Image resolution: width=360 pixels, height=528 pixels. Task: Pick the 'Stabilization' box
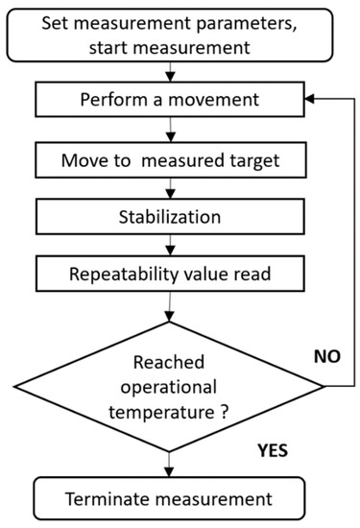(x=169, y=216)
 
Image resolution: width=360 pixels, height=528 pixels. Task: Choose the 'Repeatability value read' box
(x=169, y=274)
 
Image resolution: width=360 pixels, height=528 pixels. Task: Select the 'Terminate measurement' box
(x=169, y=497)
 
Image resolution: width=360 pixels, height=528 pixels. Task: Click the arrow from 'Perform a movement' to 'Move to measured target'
(x=169, y=130)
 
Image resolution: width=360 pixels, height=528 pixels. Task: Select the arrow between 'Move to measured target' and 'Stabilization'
(x=169, y=187)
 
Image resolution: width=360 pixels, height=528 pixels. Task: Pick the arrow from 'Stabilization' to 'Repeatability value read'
(x=169, y=245)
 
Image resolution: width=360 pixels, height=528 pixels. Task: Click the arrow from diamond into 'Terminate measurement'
(x=169, y=465)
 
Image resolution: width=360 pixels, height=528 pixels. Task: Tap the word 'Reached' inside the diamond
(x=167, y=360)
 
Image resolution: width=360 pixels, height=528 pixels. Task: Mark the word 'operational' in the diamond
(x=167, y=389)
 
